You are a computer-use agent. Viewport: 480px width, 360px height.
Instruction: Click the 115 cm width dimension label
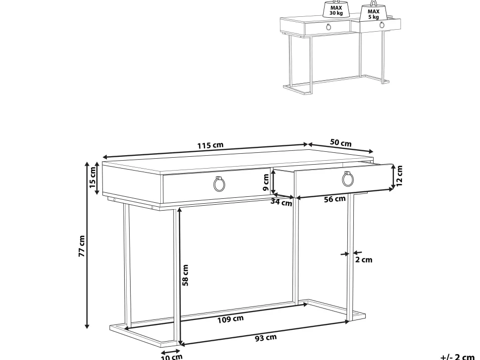click(x=210, y=145)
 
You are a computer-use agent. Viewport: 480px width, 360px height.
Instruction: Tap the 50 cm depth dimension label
click(x=341, y=143)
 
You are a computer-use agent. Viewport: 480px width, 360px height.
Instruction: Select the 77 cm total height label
click(x=82, y=246)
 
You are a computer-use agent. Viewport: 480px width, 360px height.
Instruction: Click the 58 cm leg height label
click(x=185, y=275)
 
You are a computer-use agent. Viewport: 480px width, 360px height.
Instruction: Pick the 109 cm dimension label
click(x=231, y=319)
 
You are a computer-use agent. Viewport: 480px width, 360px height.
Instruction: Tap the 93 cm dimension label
click(x=266, y=338)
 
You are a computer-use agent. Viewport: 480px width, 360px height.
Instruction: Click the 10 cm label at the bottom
click(x=172, y=357)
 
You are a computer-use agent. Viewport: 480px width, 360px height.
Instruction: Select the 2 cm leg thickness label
click(x=364, y=260)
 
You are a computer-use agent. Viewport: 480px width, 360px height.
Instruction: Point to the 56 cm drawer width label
click(x=335, y=199)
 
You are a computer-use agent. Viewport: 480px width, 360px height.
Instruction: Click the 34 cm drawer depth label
click(x=282, y=202)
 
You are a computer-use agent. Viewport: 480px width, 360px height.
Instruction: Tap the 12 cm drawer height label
click(x=399, y=176)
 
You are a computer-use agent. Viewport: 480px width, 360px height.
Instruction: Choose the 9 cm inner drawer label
click(x=266, y=182)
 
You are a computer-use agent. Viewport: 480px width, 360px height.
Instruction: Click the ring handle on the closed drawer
click(x=219, y=184)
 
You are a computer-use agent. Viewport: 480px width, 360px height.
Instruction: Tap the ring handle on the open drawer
click(x=348, y=179)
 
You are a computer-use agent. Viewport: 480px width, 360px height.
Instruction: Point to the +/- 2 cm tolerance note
click(x=457, y=357)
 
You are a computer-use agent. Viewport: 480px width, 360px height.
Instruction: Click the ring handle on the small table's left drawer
click(x=329, y=27)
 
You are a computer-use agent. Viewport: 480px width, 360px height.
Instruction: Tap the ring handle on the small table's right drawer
click(x=382, y=25)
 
